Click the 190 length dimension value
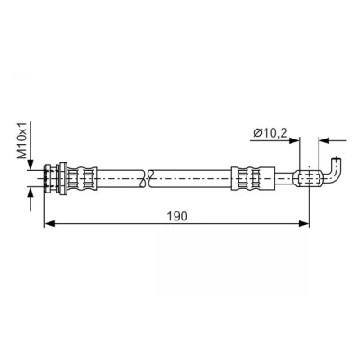click(177, 216)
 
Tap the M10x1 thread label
click(23, 140)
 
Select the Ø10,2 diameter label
click(270, 132)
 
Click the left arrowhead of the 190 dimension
click(49, 223)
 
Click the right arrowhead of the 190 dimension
click(303, 223)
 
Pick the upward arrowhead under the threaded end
click(31, 192)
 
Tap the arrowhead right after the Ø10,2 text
click(294, 140)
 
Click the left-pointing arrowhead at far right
click(324, 140)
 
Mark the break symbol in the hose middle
click(147, 179)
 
